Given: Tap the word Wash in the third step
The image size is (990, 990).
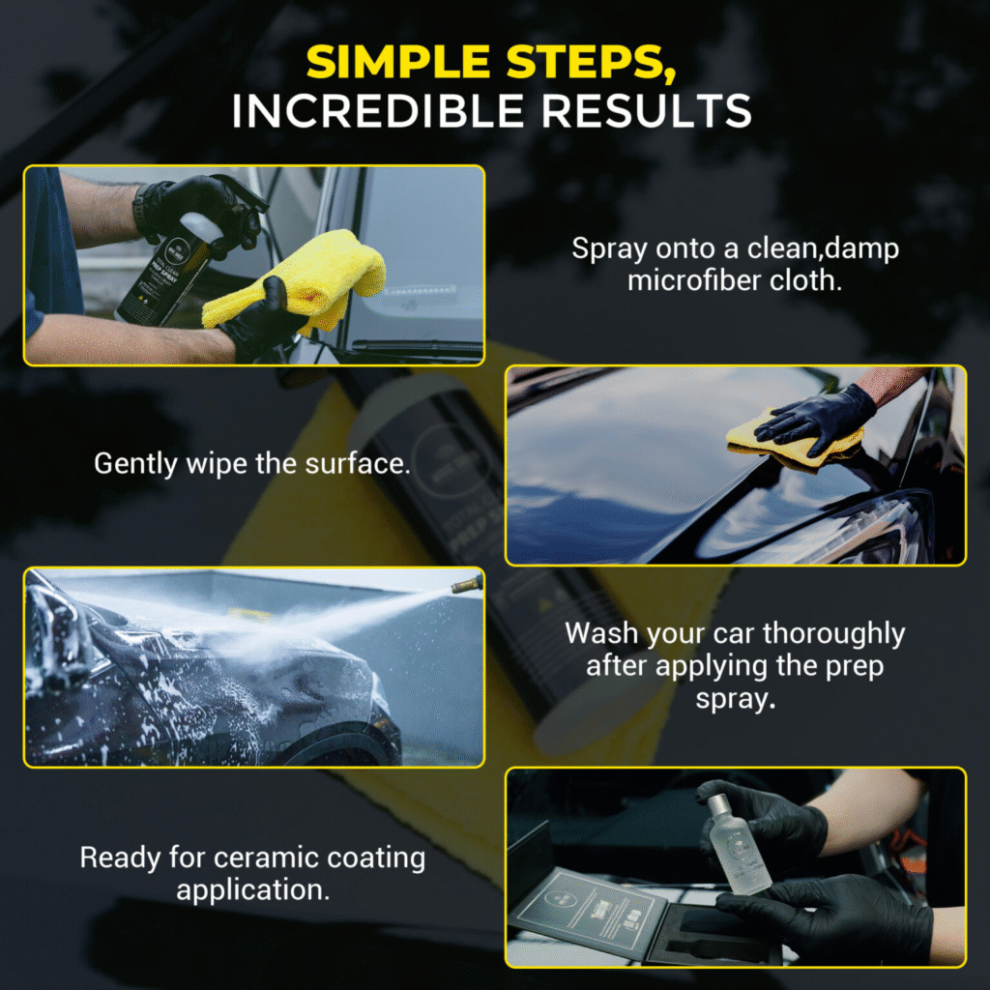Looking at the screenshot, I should (x=601, y=634).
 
